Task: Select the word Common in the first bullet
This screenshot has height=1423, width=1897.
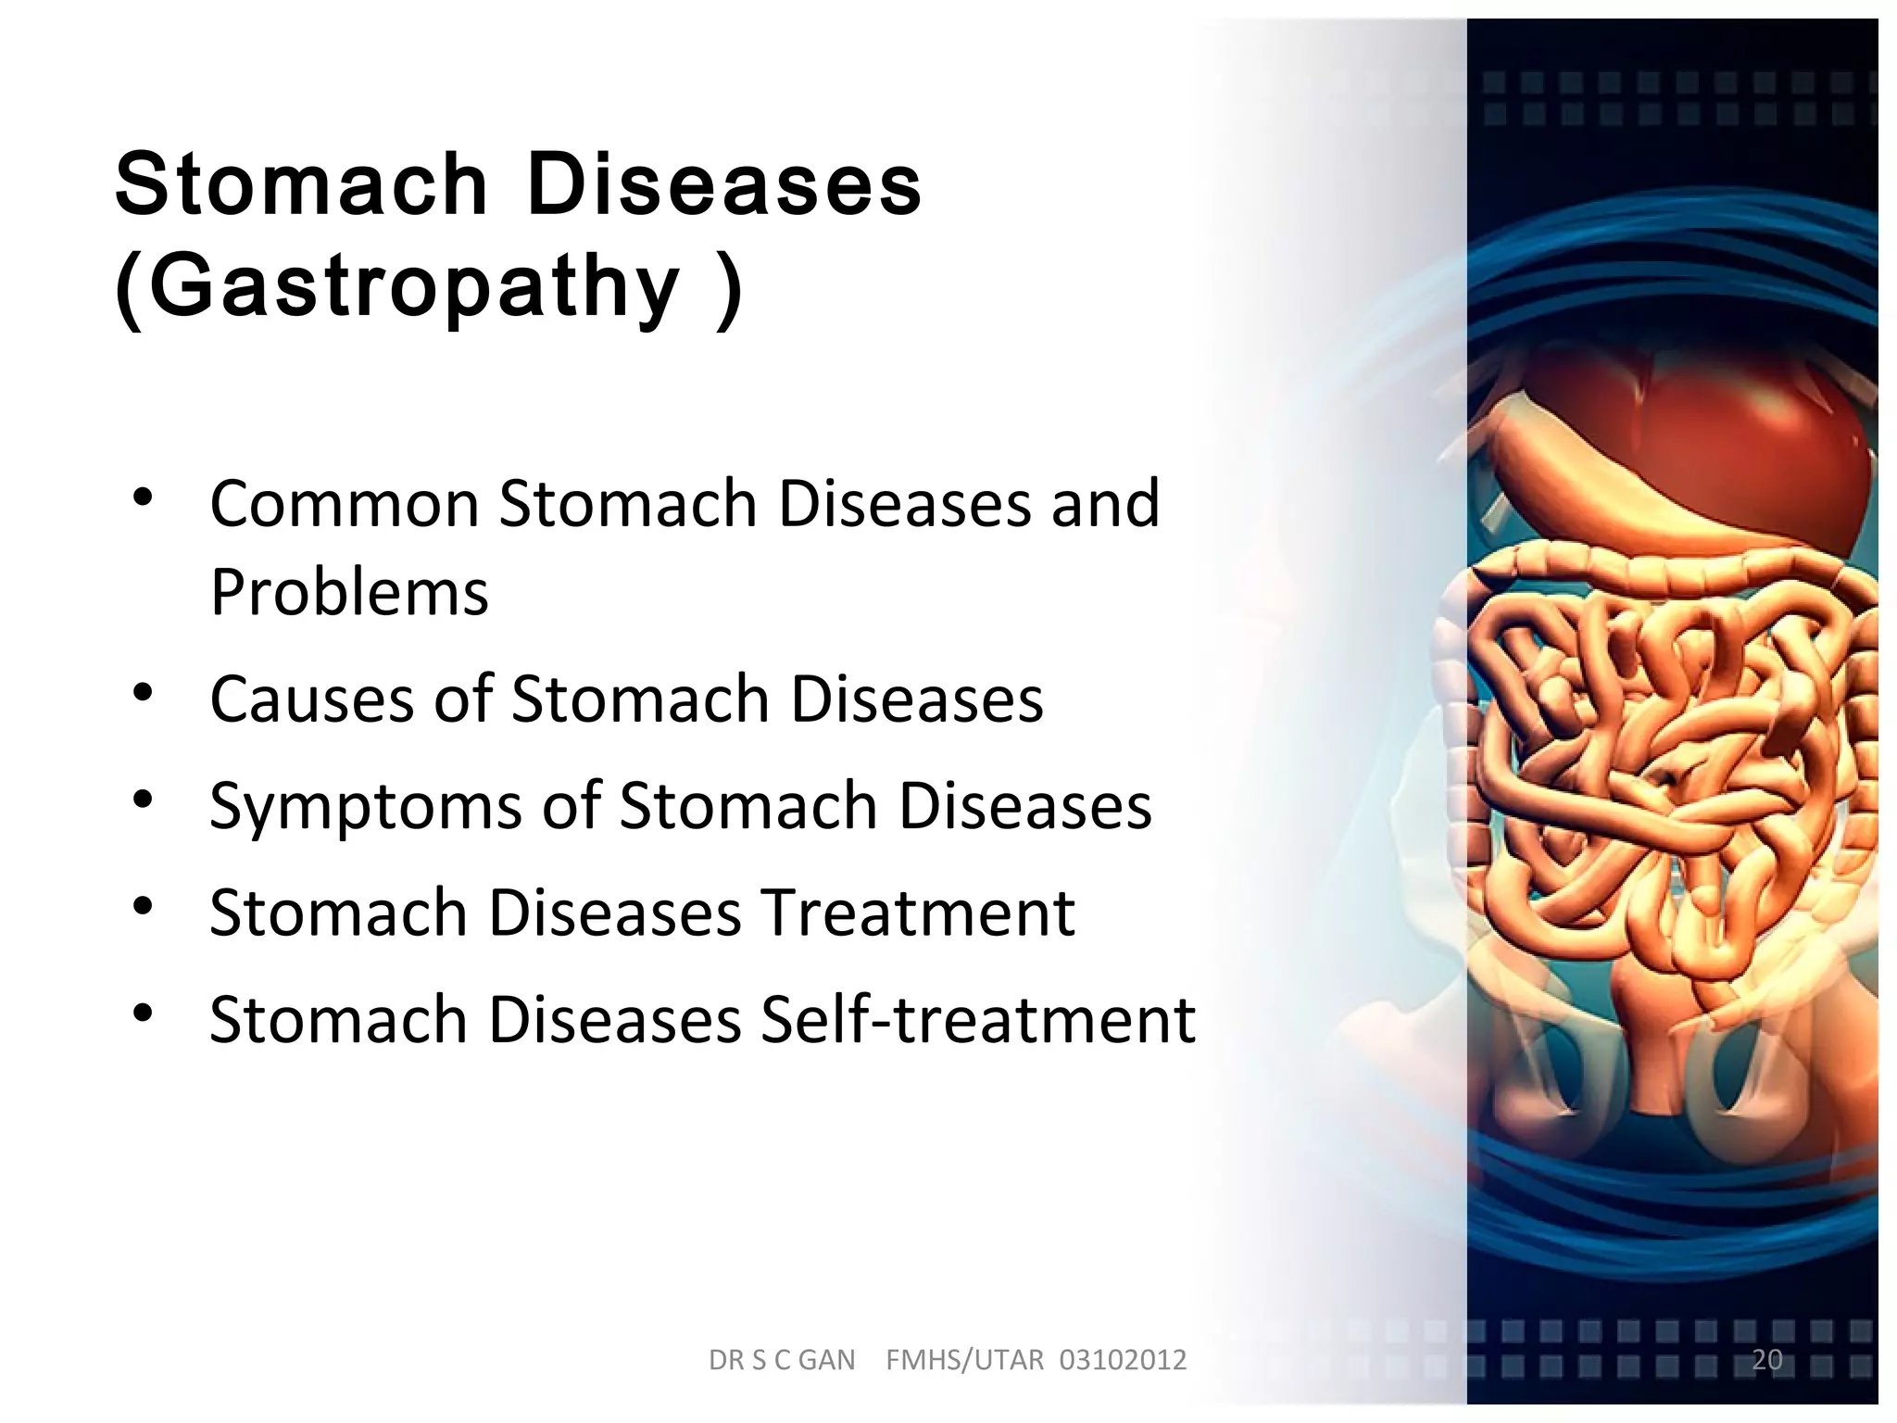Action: [344, 504]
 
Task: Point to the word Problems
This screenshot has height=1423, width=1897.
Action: [349, 592]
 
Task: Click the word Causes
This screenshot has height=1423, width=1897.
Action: [311, 699]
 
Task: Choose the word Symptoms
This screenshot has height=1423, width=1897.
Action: [366, 805]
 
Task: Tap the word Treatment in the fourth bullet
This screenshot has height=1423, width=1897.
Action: [917, 913]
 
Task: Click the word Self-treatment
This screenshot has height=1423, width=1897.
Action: [977, 1019]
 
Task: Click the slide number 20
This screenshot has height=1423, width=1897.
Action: [1766, 1359]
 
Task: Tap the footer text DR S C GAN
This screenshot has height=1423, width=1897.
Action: [782, 1360]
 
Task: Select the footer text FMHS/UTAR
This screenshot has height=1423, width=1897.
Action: [964, 1360]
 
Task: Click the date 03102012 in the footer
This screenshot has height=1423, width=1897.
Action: [1123, 1360]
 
